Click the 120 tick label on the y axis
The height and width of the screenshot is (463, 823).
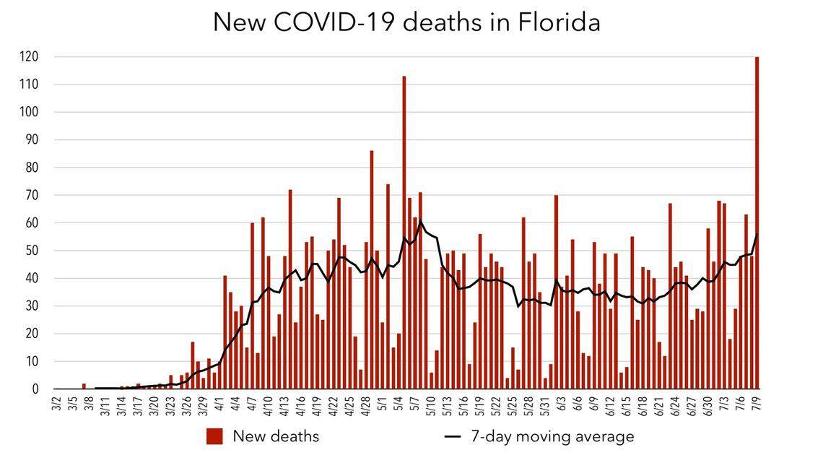pyautogui.click(x=29, y=56)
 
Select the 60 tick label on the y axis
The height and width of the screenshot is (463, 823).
pyautogui.click(x=32, y=223)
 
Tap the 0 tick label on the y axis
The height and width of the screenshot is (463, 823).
pyautogui.click(x=35, y=389)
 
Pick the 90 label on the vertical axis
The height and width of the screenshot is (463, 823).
pyautogui.click(x=32, y=140)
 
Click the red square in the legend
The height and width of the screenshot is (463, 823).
pyautogui.click(x=214, y=436)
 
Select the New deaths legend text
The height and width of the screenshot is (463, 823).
pyautogui.click(x=275, y=436)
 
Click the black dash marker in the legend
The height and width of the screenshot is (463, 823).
pyautogui.click(x=453, y=437)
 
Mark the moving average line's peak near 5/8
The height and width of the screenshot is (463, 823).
pyautogui.click(x=421, y=222)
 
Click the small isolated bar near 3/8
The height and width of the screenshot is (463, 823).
pyautogui.click(x=84, y=386)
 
